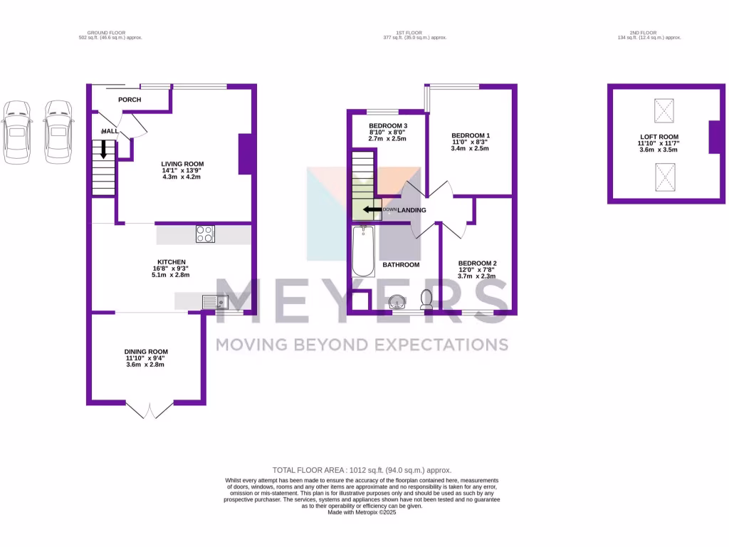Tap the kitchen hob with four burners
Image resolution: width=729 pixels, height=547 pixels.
pos(205,234)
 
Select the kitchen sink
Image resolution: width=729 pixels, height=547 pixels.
pos(214,303)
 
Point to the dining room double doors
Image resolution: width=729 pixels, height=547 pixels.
pos(150,411)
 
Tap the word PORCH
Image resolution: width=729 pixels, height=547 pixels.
pos(130,99)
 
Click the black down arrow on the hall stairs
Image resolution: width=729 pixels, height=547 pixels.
pos(104,149)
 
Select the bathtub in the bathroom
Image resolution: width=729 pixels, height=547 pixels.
pos(363,251)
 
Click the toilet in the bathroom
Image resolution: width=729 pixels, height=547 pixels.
pos(427,298)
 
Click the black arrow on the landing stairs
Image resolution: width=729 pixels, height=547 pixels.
pos(370,210)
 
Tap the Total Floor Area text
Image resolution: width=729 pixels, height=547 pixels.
pos(362,470)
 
